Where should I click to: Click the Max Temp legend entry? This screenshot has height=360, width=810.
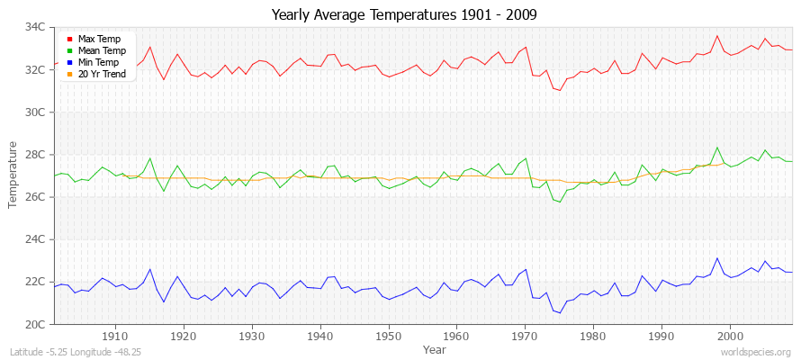pyautogui.click(x=98, y=40)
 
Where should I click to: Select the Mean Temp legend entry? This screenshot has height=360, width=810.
pyautogui.click(x=101, y=51)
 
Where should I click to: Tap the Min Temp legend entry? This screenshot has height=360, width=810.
pyautogui.click(x=98, y=62)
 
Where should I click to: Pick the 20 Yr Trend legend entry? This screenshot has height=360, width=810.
pyautogui.click(x=101, y=74)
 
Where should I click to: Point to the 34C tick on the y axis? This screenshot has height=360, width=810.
pyautogui.click(x=33, y=27)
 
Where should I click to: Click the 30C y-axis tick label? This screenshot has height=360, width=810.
pyautogui.click(x=33, y=112)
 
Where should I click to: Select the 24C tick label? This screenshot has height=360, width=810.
pyautogui.click(x=33, y=239)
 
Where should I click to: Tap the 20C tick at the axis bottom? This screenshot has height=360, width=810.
pyautogui.click(x=33, y=324)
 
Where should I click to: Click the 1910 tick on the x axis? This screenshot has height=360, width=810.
pyautogui.click(x=115, y=336)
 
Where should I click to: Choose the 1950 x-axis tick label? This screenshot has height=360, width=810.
pyautogui.click(x=388, y=336)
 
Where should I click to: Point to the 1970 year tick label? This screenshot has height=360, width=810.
pyautogui.click(x=525, y=336)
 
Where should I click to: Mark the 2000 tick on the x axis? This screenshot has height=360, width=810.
pyautogui.click(x=730, y=336)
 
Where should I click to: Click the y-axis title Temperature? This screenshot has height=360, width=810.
pyautogui.click(x=13, y=175)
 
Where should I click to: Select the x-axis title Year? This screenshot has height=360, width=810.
pyautogui.click(x=435, y=348)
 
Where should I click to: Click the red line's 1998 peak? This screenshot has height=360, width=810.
pyautogui.click(x=717, y=36)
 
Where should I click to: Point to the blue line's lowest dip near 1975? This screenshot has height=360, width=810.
pyautogui.click(x=560, y=313)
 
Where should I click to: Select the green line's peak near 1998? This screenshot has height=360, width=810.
pyautogui.click(x=717, y=148)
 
